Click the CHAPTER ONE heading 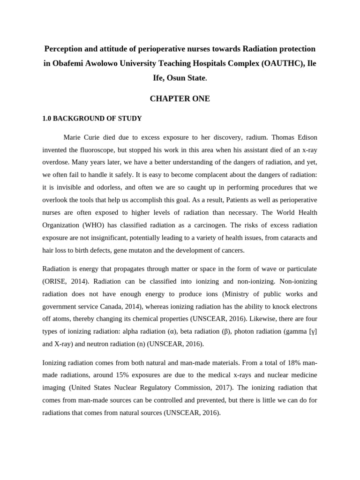pos(180,99)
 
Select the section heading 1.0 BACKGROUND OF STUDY pos(92,119)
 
